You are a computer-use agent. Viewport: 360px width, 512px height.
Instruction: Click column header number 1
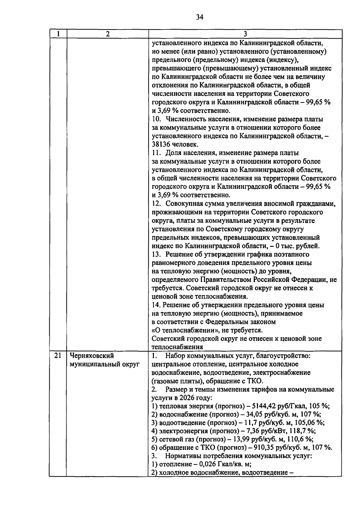(58, 34)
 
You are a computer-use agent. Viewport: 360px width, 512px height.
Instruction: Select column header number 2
(107, 34)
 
